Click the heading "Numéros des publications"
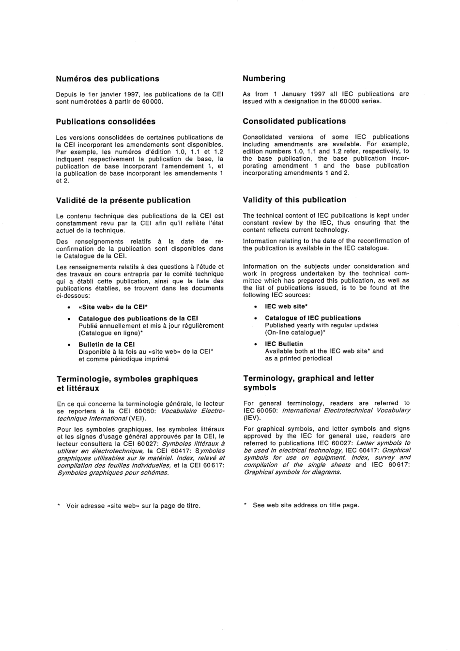pyautogui.click(x=107, y=79)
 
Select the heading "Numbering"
pyautogui.click(x=264, y=78)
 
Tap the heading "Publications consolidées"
pyautogui.click(x=106, y=121)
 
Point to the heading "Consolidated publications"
pyautogui.click(x=294, y=121)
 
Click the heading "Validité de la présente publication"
pyautogui.click(x=123, y=200)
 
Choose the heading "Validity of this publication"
pyautogui.click(x=294, y=200)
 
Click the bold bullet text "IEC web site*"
pyautogui.click(x=286, y=306)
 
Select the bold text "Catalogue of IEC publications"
pyautogui.click(x=313, y=318)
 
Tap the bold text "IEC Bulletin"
pyautogui.click(x=284, y=344)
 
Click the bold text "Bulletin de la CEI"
pyautogui.click(x=107, y=345)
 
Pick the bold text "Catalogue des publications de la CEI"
pyautogui.click(x=138, y=318)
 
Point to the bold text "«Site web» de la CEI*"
pyautogui.click(x=113, y=307)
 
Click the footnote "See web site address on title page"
pyautogui.click(x=306, y=505)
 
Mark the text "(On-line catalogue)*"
pyautogui.click(x=294, y=333)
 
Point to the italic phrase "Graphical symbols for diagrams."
pyautogui.click(x=292, y=472)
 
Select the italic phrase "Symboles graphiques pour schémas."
pyautogui.click(x=113, y=472)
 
